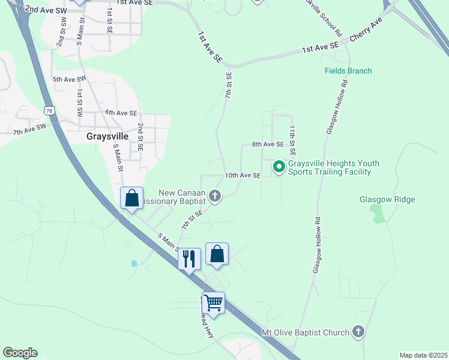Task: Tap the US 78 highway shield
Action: click(49, 111)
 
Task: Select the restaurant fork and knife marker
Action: click(189, 259)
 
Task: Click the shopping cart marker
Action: click(213, 302)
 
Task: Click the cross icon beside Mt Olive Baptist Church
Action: click(358, 332)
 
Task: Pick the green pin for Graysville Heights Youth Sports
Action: click(279, 166)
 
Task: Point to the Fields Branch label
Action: click(348, 71)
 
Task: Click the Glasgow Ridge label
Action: click(387, 200)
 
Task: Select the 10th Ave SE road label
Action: click(243, 175)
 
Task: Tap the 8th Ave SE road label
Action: click(267, 144)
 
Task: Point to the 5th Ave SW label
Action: click(69, 79)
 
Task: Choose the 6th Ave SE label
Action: click(121, 113)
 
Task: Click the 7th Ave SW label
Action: click(29, 128)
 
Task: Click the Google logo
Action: click(20, 353)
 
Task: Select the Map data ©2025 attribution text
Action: click(423, 355)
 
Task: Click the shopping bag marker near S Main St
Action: click(131, 198)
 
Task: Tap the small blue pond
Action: click(133, 263)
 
